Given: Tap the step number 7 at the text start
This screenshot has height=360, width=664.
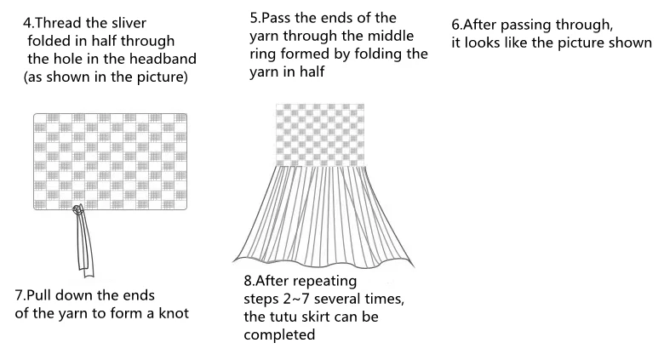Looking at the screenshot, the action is pyautogui.click(x=20, y=294).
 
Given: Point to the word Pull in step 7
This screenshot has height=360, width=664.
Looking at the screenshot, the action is pyautogui.click(x=44, y=294).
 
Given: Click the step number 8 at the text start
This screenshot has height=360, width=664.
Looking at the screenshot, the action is pyautogui.click(x=249, y=280).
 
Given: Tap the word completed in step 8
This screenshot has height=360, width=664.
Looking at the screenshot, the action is pyautogui.click(x=279, y=335).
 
